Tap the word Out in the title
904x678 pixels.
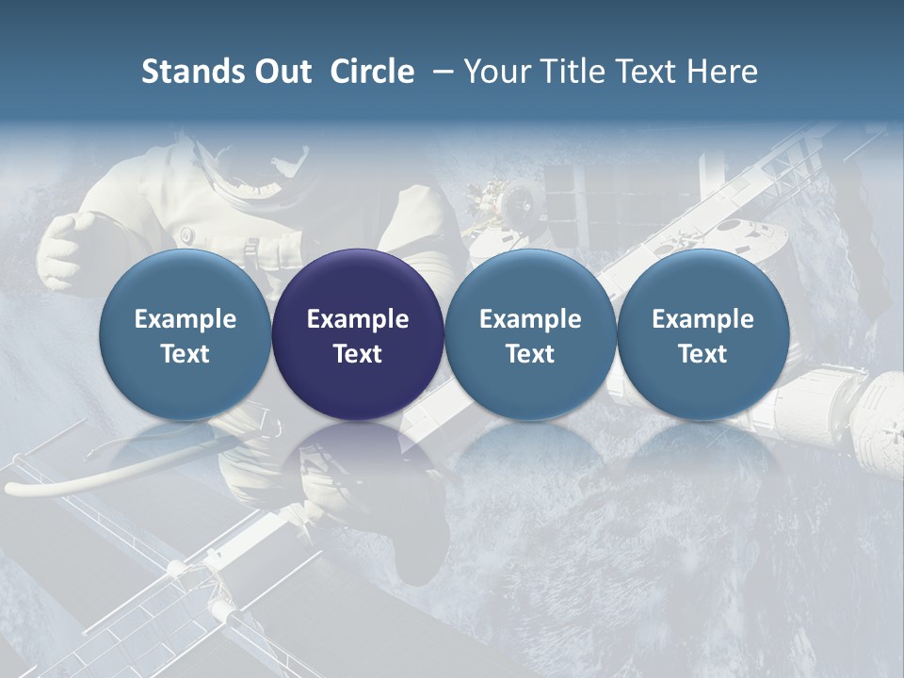point(280,72)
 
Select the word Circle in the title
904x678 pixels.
point(372,72)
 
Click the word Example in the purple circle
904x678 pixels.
point(358,319)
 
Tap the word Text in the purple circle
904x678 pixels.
point(358,354)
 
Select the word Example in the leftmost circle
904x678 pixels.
point(186,319)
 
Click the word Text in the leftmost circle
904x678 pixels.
point(186,354)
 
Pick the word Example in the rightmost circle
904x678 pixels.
point(702,319)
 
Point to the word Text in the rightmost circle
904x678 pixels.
point(702,354)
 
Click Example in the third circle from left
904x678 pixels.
point(530,319)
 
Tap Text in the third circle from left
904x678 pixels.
point(530,354)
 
